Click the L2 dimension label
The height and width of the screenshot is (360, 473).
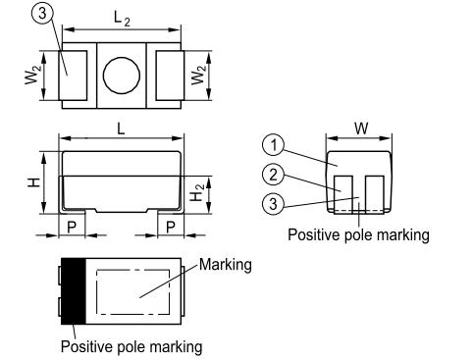[122, 19]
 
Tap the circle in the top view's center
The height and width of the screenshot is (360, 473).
[122, 76]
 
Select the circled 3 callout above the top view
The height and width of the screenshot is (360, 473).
[42, 14]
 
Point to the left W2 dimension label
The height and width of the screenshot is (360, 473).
[33, 75]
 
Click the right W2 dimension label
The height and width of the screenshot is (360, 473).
[199, 75]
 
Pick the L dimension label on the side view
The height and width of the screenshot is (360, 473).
[121, 129]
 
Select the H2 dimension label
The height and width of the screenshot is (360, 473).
[197, 192]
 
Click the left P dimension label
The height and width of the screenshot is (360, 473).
[72, 227]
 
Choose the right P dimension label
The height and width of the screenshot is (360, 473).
[171, 227]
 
